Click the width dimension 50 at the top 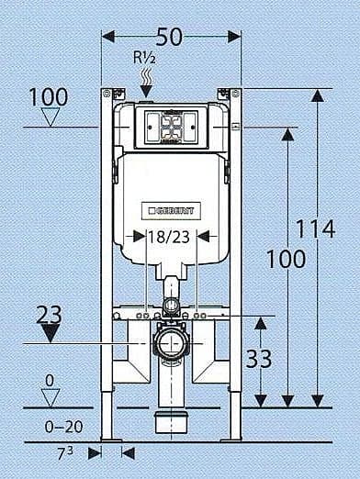click(x=169, y=37)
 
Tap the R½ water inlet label click(x=144, y=57)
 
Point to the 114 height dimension click(x=316, y=228)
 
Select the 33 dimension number click(x=259, y=359)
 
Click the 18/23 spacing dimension click(x=169, y=237)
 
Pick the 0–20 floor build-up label click(x=63, y=427)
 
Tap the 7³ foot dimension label click(x=65, y=453)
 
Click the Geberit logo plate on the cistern click(x=171, y=211)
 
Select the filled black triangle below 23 click(x=50, y=333)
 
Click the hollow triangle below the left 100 click(x=51, y=117)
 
